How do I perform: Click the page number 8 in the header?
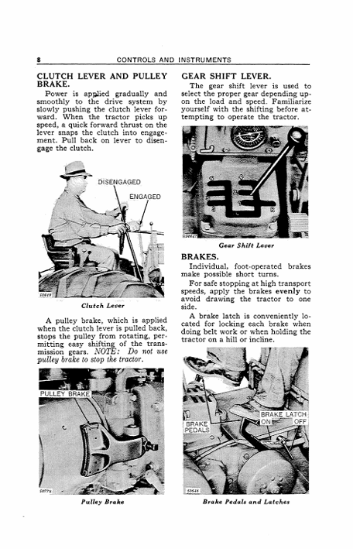coord(39,60)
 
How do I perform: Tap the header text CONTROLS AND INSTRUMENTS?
coord(174,60)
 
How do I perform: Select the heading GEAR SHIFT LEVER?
coord(226,77)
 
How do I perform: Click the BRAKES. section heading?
coord(200,257)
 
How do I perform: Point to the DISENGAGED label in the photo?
coord(119,182)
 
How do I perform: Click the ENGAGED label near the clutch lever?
coord(145,197)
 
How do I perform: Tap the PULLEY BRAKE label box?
coord(65,393)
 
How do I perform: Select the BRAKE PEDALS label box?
coord(197,427)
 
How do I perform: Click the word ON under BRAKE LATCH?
coord(266,422)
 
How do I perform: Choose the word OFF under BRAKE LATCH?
coord(300,422)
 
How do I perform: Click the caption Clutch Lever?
coord(103,306)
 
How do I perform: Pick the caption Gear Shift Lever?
coord(246,245)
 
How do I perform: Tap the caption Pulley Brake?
coord(103,502)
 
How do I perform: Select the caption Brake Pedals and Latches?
coord(246,502)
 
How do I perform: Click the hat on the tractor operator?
coord(75,170)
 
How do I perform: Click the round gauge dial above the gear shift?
coord(249,137)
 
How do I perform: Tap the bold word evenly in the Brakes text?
coord(288,291)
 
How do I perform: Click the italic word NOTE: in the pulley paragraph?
coord(105,352)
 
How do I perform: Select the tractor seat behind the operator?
coord(59,250)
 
